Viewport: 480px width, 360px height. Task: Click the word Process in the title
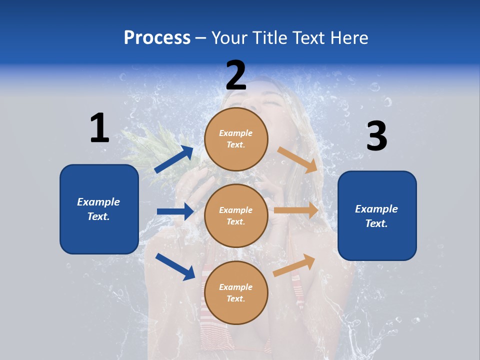tap(157, 37)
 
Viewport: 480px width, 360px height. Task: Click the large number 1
tap(99, 128)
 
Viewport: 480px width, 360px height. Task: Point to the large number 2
tap(236, 75)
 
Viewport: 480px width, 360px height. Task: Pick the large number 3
tap(376, 136)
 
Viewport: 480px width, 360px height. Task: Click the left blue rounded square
tap(99, 209)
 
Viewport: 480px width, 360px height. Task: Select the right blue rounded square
tap(377, 215)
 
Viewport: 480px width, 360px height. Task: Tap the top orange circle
tap(236, 139)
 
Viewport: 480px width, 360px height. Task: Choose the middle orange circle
tap(236, 215)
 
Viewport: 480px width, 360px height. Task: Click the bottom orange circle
tap(236, 292)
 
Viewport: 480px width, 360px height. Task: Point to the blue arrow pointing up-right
tap(174, 159)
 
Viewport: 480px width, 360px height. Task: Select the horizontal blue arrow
tap(175, 211)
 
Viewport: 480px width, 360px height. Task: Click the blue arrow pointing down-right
tap(175, 266)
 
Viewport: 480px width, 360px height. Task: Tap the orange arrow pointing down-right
tap(298, 160)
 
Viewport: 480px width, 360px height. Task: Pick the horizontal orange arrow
tap(296, 210)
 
